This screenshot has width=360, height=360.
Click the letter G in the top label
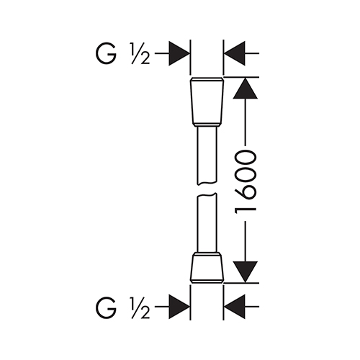(x=106, y=53)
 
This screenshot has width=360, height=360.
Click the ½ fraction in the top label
(x=140, y=53)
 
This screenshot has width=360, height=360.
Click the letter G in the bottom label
(x=106, y=307)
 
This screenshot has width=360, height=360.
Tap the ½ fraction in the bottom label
(x=140, y=307)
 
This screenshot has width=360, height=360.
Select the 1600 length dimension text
(x=246, y=182)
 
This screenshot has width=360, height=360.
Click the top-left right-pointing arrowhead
(x=179, y=53)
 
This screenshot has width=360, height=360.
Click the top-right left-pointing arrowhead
(x=235, y=53)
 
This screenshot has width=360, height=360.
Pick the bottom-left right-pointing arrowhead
(x=179, y=307)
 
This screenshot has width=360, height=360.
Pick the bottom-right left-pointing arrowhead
(x=235, y=307)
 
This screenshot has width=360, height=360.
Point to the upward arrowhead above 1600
(x=246, y=88)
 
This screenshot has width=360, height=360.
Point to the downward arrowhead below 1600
(x=246, y=272)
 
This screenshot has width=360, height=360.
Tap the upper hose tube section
(x=207, y=156)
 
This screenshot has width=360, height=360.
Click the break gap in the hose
(x=207, y=189)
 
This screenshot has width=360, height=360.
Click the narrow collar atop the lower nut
(x=207, y=254)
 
